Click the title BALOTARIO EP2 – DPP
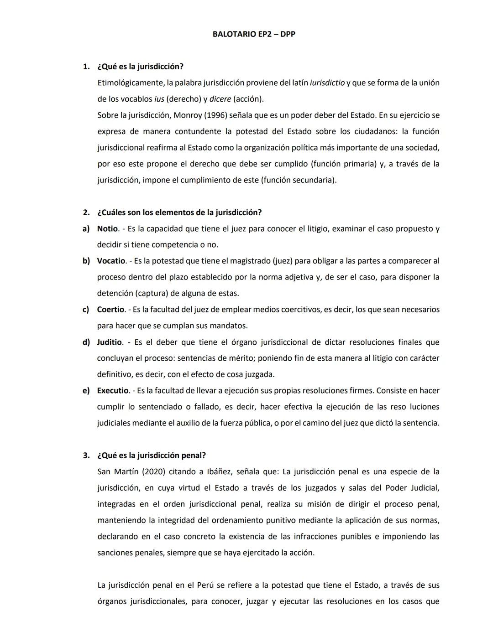pyautogui.click(x=254, y=34)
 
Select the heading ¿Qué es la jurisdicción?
pyautogui.click(x=140, y=67)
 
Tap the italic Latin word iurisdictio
pyautogui.click(x=327, y=83)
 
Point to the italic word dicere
pyautogui.click(x=220, y=99)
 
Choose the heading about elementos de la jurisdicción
pyautogui.click(x=179, y=212)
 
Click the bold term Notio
pyautogui.click(x=107, y=228)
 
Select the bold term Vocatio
pyautogui.click(x=111, y=261)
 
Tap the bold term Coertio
pyautogui.click(x=110, y=310)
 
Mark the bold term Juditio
pyautogui.click(x=109, y=342)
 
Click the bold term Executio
pyautogui.click(x=113, y=391)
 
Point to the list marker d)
pyautogui.click(x=86, y=342)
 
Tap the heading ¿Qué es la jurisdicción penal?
pyautogui.click(x=152, y=456)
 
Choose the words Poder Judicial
pyautogui.click(x=412, y=488)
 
